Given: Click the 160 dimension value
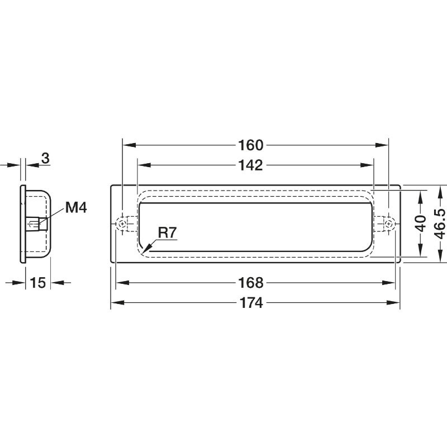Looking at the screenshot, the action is (x=250, y=145).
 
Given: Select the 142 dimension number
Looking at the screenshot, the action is (x=250, y=165).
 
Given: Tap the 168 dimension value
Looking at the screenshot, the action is (x=250, y=283).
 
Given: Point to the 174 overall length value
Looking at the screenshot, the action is (x=251, y=302).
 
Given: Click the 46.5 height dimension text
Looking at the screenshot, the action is (x=440, y=224).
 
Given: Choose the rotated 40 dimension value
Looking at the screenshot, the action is (x=421, y=224).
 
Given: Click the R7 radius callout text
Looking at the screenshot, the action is (x=167, y=232).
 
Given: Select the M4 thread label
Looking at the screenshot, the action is (x=76, y=207).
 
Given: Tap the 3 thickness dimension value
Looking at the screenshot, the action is (x=46, y=158).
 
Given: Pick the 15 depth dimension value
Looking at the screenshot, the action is (x=37, y=283).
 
